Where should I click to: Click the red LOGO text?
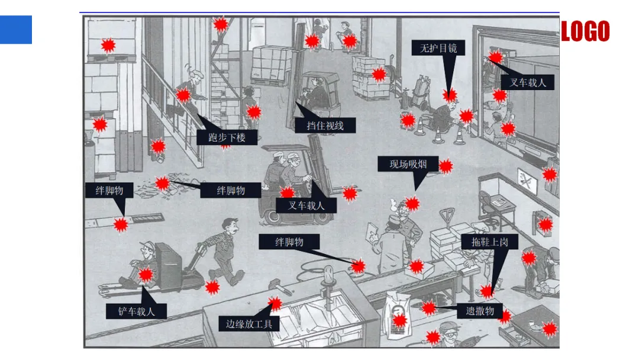click(585, 31)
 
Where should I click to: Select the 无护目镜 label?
click(438, 47)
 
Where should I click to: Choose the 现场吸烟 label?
click(409, 164)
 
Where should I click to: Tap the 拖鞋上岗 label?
click(489, 242)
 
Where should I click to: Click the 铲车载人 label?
click(136, 311)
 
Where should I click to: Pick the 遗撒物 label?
click(480, 311)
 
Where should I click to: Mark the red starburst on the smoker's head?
click(412, 204)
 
